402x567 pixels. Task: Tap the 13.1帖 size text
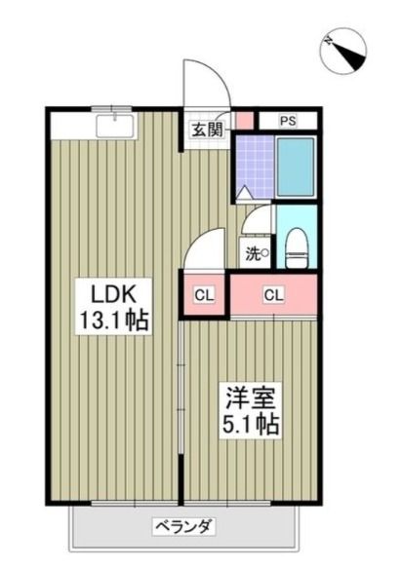(113, 320)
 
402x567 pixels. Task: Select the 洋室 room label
(251, 397)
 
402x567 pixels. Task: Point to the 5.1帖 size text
(251, 424)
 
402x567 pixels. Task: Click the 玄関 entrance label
(207, 130)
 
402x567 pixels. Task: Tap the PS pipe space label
(288, 121)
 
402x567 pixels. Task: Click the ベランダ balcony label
(184, 526)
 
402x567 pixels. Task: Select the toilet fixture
(297, 247)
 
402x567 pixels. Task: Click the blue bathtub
(296, 166)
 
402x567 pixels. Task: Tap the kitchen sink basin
(115, 126)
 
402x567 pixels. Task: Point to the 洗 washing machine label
(256, 253)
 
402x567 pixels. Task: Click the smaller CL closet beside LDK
(205, 295)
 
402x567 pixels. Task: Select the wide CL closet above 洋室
(274, 295)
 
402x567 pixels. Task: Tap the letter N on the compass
(329, 40)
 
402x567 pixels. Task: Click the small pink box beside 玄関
(245, 121)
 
